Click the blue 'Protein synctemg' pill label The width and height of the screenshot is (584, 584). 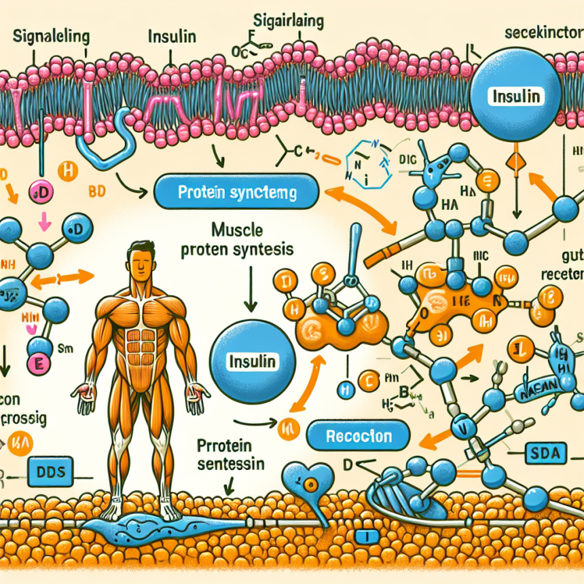[x=236, y=193]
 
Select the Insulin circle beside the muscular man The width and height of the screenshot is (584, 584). [x=252, y=361]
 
